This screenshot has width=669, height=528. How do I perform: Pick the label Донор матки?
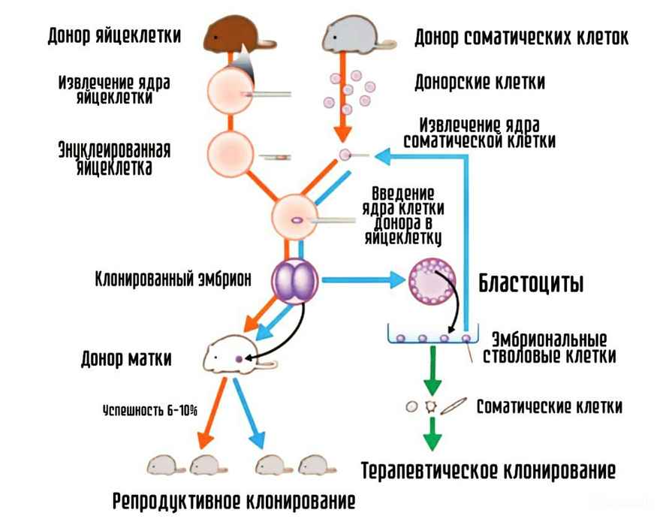click(x=125, y=358)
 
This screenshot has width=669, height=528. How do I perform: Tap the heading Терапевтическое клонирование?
click(x=488, y=472)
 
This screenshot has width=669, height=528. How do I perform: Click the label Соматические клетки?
click(x=550, y=407)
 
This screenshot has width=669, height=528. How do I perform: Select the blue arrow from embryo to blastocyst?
click(x=360, y=281)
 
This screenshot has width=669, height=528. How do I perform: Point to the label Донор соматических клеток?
click(x=522, y=37)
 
